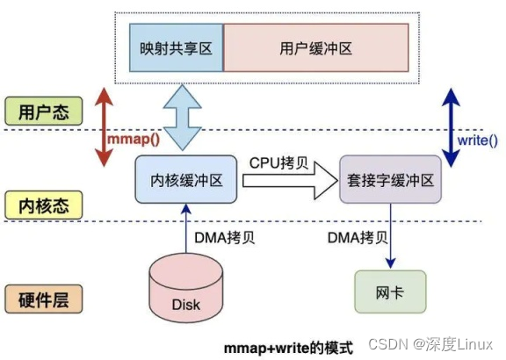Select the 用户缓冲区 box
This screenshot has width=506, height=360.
coord(315,48)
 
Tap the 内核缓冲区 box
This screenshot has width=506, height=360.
coord(185,180)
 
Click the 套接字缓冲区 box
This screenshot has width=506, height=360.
coord(390,180)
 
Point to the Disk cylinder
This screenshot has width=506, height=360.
coord(185,289)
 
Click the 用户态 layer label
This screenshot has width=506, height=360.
coord(43,112)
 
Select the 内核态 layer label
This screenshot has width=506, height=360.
coord(43,205)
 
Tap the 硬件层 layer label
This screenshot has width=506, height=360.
coord(43,299)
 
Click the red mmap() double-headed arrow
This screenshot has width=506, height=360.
coord(105,126)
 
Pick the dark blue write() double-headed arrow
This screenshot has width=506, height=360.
coord(450,126)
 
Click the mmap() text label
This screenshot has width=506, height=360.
coord(133,140)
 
